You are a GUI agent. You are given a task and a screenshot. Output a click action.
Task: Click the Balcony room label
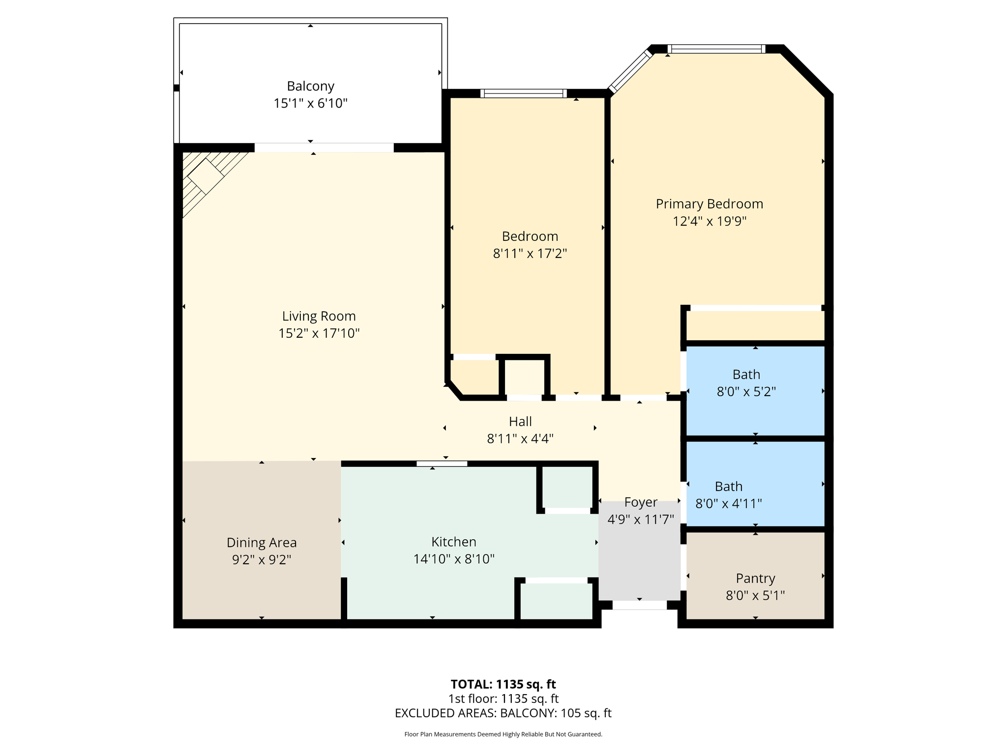[310, 86]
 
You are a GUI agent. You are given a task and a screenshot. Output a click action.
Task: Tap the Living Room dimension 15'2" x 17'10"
[319, 333]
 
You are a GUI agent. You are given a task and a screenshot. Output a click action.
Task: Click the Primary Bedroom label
[709, 204]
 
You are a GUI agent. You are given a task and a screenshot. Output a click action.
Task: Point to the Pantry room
[755, 579]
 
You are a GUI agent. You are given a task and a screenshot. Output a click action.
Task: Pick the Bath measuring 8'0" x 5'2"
[746, 383]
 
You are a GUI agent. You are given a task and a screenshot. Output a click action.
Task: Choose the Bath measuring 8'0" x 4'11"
[728, 494]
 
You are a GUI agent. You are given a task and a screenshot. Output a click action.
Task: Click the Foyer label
[640, 502]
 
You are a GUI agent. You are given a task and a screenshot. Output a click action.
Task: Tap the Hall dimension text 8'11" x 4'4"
[520, 438]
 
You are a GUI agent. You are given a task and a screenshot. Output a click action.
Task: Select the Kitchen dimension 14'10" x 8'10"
[453, 559]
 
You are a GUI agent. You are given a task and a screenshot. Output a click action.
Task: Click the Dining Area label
[262, 543]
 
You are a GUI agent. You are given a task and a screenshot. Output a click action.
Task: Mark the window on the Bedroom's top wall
[523, 93]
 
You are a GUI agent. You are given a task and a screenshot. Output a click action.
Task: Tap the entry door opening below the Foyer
[639, 606]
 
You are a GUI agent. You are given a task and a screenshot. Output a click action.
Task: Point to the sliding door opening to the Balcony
[324, 147]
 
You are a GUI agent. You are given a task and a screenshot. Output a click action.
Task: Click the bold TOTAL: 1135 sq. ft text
[503, 684]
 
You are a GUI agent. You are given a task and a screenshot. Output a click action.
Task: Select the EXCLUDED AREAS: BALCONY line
[503, 713]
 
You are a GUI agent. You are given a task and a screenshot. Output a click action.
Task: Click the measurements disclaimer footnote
[503, 734]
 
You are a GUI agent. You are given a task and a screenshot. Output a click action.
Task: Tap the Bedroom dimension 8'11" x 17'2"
[530, 254]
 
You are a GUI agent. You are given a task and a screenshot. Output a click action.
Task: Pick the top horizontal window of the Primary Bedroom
[716, 49]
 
